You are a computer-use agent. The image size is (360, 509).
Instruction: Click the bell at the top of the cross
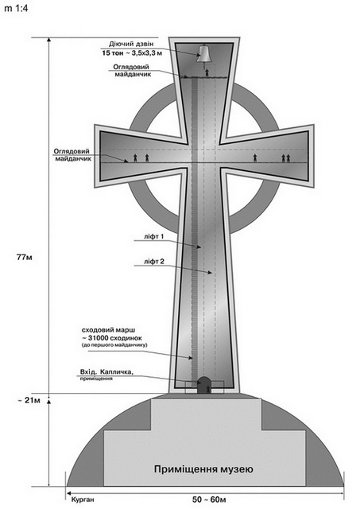(x=204, y=54)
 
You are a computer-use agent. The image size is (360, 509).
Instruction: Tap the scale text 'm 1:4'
(x=17, y=9)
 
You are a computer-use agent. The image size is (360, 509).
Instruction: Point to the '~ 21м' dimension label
(x=29, y=400)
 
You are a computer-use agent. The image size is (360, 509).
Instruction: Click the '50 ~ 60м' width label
(x=209, y=499)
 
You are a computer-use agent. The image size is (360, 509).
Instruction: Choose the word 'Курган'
(x=83, y=499)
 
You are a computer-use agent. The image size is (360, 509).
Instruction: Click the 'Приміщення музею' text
(x=203, y=469)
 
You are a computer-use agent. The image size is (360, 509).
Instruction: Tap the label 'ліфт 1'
(x=153, y=237)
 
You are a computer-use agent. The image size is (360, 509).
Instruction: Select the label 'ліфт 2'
(x=154, y=262)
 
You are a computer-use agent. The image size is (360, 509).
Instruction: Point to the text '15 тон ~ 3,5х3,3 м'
(x=132, y=52)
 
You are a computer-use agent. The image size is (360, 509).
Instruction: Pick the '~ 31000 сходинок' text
(x=114, y=338)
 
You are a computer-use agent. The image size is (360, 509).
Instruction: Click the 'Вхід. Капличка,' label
(x=106, y=371)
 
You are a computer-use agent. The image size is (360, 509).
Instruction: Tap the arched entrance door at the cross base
(x=204, y=385)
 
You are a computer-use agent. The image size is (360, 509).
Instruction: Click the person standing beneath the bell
(x=207, y=72)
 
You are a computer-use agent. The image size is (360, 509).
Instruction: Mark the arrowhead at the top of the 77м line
(x=49, y=40)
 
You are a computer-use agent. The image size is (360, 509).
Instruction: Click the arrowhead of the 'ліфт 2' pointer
(x=210, y=273)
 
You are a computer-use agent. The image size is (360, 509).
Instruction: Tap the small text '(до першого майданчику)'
(x=114, y=345)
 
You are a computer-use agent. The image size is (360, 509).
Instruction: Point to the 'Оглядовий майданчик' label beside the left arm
(x=72, y=155)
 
